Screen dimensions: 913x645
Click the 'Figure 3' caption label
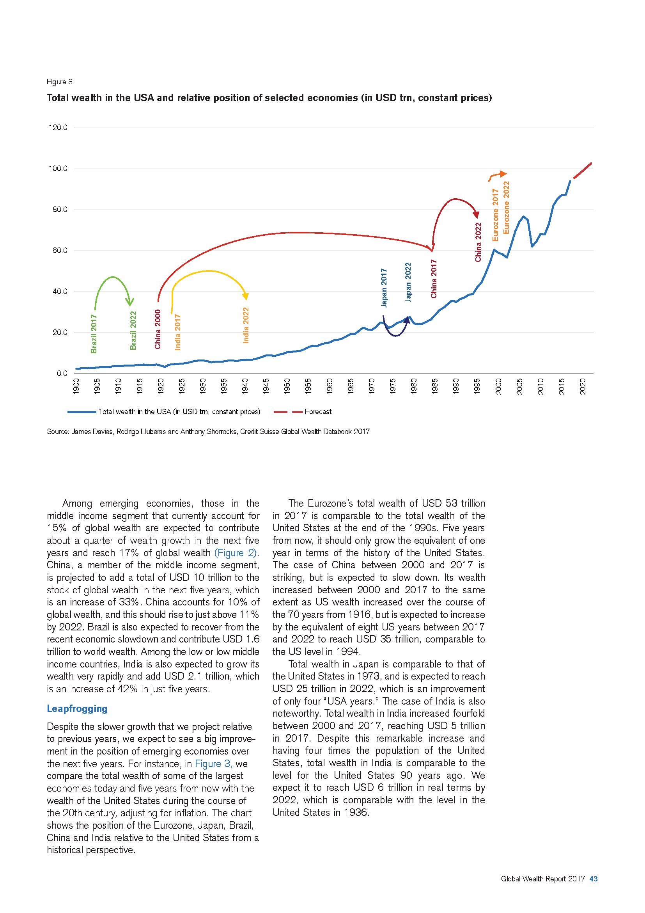(60, 82)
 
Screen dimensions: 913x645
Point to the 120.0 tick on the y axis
(58, 128)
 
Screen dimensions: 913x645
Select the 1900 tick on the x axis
(77, 386)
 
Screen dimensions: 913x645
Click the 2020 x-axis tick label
(583, 386)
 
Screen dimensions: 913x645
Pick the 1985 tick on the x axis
(435, 386)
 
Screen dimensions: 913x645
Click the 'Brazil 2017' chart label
(94, 334)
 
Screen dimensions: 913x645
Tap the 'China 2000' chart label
(158, 329)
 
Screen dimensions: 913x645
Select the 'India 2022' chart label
(246, 325)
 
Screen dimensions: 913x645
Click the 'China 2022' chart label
(478, 242)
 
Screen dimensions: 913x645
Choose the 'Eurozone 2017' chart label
(495, 215)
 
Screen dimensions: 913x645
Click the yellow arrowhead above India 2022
(246, 296)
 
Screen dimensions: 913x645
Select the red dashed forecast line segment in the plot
(583, 171)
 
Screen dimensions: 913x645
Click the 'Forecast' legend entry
(318, 412)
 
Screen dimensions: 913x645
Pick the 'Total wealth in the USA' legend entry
(179, 412)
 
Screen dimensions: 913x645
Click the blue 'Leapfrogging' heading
(77, 708)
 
